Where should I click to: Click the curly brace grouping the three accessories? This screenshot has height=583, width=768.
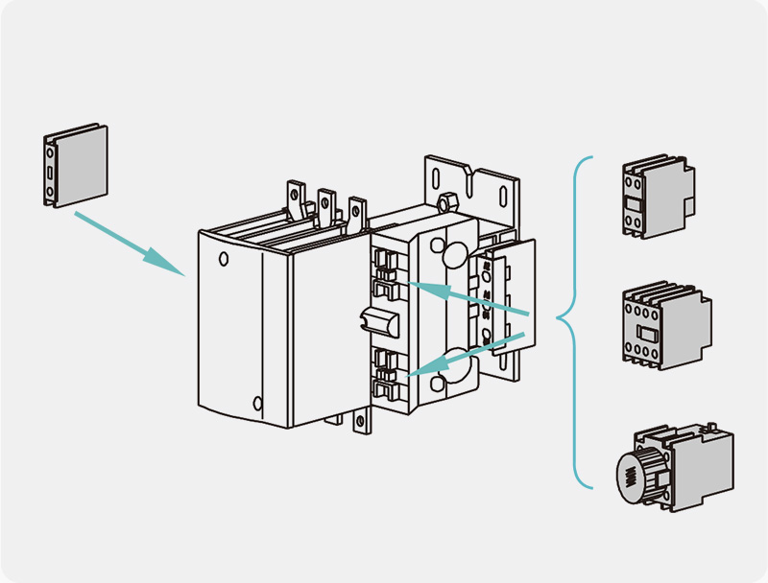(x=574, y=320)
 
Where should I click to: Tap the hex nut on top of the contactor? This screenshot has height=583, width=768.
(x=444, y=202)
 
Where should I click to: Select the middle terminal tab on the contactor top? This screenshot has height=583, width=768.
(x=326, y=205)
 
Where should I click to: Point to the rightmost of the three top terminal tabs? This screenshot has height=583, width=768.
(x=357, y=213)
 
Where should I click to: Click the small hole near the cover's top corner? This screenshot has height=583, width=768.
(x=223, y=257)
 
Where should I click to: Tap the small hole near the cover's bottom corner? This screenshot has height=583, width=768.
(x=256, y=403)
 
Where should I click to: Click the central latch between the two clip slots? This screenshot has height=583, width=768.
(x=377, y=323)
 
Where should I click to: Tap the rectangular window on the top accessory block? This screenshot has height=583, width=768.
(x=633, y=203)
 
